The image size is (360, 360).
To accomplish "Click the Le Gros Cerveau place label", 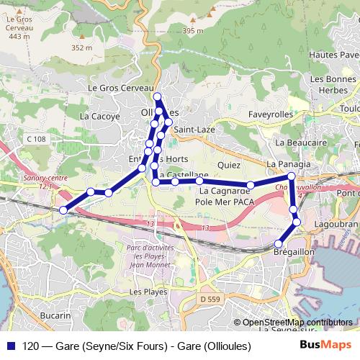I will tap(112, 88).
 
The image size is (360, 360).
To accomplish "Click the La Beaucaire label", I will tap(296, 143).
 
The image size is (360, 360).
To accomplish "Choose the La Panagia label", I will tap(288, 165).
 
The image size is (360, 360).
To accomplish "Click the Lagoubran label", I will tap(336, 224).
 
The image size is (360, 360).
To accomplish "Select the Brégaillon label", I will tap(294, 253).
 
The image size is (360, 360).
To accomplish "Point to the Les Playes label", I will tap(147, 292).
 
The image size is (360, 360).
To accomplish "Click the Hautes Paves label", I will tap(332, 55).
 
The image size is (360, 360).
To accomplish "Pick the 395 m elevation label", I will tap(193, 31).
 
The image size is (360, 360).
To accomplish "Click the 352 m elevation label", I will tap(83, 48).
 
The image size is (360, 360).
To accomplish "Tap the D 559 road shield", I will tap(209, 298).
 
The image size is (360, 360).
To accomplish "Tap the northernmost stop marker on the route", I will tap(158, 96).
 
